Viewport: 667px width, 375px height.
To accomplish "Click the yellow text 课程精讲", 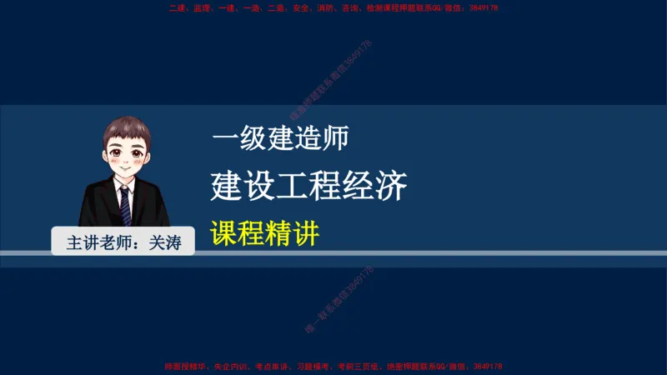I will (264, 232).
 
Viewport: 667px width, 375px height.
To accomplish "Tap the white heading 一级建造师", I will (279, 138).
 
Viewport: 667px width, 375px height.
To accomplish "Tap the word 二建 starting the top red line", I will (176, 7).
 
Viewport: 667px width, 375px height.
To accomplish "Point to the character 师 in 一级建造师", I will (334, 138).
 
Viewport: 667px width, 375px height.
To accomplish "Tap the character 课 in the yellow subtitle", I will (224, 232).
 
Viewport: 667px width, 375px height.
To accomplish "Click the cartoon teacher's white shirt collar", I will (124, 184).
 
